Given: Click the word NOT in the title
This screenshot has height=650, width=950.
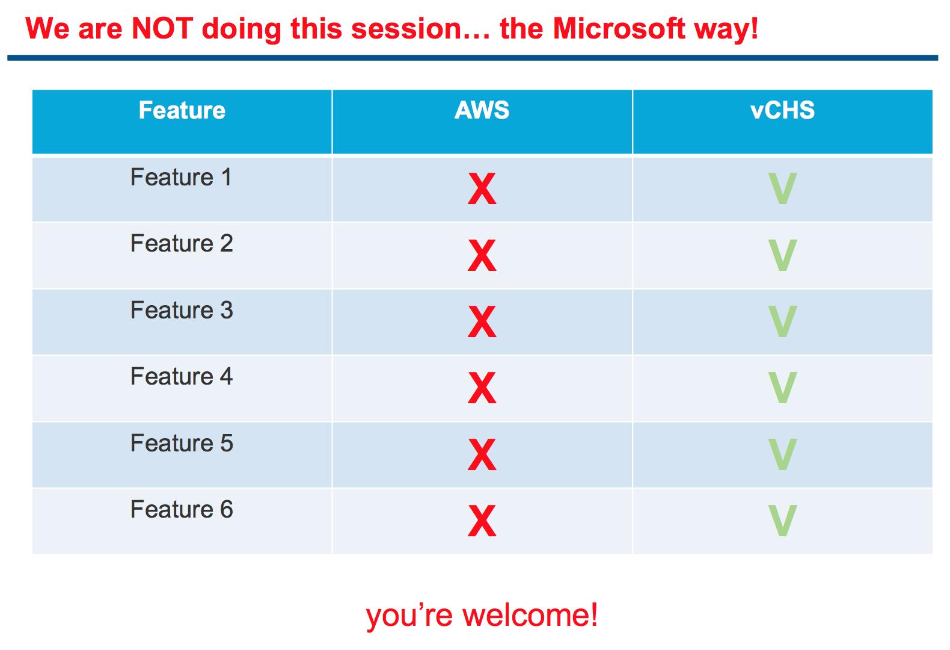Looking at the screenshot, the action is click(162, 28).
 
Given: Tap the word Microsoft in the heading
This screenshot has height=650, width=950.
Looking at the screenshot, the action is click(619, 28).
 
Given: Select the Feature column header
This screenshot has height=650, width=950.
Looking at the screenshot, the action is click(182, 110).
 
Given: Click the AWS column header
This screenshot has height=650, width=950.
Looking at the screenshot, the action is click(482, 110).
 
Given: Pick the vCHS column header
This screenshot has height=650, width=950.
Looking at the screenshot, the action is click(782, 110).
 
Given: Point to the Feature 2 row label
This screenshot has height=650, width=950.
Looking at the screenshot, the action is click(182, 243).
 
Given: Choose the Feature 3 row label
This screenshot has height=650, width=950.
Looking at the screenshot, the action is click(182, 310).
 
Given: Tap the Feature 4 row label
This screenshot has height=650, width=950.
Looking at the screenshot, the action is click(182, 376).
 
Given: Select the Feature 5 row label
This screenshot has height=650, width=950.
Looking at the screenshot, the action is click(182, 443).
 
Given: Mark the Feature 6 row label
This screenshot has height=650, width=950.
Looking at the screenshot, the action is click(182, 509).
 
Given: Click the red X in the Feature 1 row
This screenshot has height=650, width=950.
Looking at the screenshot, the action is click(482, 188).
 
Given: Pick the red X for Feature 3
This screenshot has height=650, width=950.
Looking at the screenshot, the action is click(482, 321).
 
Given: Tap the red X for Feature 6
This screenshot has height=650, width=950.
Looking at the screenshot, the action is click(482, 521).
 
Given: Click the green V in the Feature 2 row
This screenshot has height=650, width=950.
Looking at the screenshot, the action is click(782, 255).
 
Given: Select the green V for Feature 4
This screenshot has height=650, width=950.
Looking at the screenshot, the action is click(782, 388).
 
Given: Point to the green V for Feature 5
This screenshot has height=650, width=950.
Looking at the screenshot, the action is click(782, 454).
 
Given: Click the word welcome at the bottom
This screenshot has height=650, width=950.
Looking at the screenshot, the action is click(530, 615).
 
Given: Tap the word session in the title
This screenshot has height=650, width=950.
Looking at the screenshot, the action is click(406, 29).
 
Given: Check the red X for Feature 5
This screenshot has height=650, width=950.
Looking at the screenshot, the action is click(482, 454).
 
